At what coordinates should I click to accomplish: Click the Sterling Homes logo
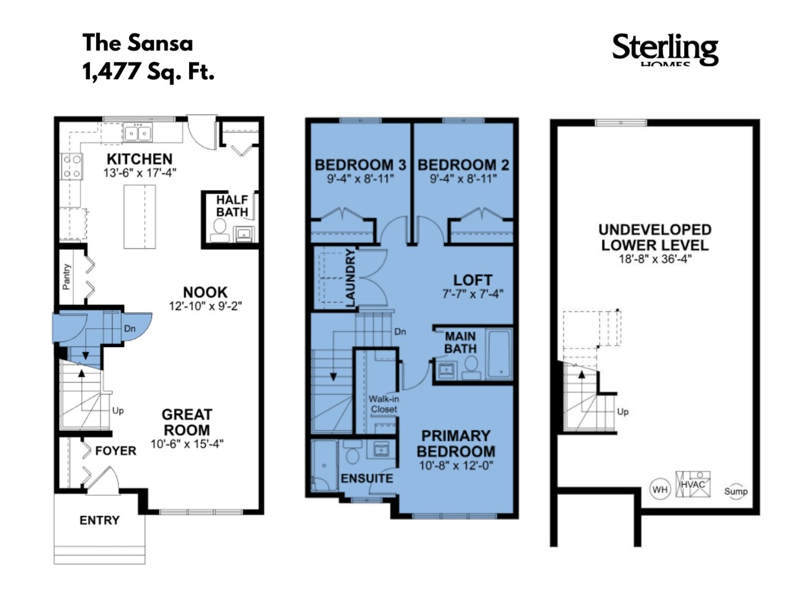point(665,51)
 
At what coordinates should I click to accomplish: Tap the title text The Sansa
point(138,43)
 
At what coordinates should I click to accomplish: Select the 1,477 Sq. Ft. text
point(149,71)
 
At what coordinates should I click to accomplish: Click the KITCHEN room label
point(140,159)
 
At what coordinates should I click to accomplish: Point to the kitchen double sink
point(138,133)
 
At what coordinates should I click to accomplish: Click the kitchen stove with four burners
point(72,166)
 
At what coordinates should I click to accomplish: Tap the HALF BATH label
point(232,206)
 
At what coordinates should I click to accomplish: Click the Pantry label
point(66,277)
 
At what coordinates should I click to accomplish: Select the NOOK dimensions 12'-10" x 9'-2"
point(205,306)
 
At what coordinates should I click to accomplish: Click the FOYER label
point(116,451)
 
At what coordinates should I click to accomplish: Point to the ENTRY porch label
point(99,520)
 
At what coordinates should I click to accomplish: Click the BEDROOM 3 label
point(360,165)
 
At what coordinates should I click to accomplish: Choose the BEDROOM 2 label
point(463,165)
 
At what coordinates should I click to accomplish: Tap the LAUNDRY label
point(350,278)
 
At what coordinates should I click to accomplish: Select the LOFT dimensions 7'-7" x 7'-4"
point(473,294)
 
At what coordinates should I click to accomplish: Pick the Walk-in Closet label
point(383,404)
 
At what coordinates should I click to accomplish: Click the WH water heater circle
point(660,490)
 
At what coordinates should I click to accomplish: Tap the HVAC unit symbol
point(693,484)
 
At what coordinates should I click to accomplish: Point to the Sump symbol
point(736,491)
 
